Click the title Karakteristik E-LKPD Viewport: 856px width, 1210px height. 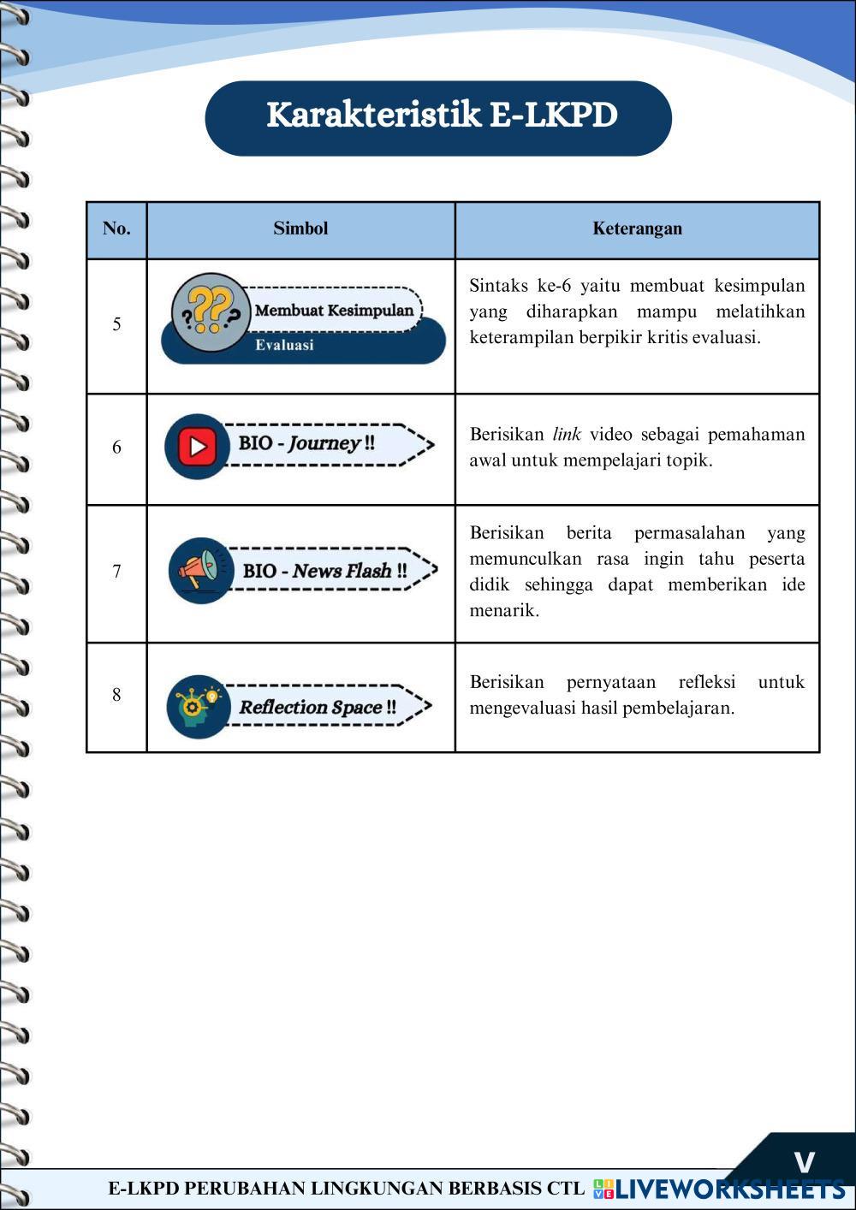click(442, 116)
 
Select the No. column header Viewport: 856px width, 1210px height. click(116, 228)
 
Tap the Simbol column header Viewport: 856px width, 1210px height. click(300, 228)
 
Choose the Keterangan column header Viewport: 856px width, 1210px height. click(637, 228)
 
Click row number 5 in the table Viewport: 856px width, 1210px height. click(116, 324)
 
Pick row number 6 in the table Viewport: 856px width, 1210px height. click(116, 448)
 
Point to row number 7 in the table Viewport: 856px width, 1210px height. click(116, 572)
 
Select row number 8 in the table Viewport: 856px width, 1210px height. click(116, 695)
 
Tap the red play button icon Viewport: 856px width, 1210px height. click(197, 446)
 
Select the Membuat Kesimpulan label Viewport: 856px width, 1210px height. click(334, 310)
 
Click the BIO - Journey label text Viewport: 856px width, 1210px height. click(306, 443)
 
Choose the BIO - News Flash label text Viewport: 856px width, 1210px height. click(324, 571)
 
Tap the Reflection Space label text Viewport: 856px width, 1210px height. click(317, 708)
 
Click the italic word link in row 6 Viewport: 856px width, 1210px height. click(566, 435)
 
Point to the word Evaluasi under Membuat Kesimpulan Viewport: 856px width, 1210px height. click(284, 346)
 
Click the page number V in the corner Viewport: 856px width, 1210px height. click(804, 1162)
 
